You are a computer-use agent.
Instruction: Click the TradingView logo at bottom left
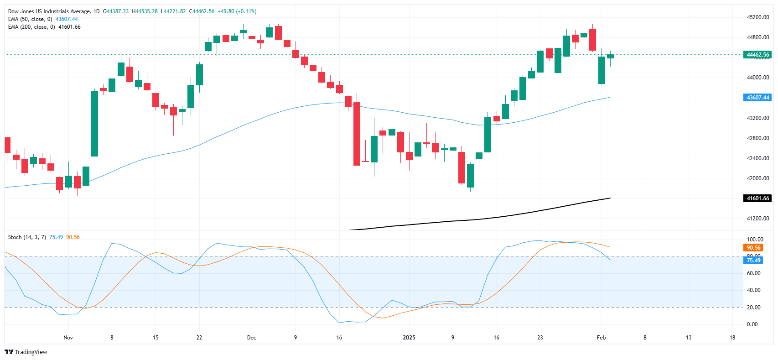coord(26,352)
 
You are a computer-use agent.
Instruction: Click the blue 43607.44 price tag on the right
coord(757,98)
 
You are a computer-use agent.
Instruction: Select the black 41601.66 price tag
coord(757,198)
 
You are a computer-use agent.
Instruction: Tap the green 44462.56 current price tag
coord(757,55)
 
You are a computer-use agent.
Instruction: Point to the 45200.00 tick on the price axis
coord(757,17)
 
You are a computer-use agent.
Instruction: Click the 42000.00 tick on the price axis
coord(757,178)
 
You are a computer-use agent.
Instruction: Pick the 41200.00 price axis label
coord(757,219)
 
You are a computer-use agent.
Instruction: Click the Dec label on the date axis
coord(251,338)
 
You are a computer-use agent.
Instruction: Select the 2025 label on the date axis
coord(409,338)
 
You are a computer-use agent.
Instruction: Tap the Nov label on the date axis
coord(68,338)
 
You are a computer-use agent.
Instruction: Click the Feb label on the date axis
coord(601,338)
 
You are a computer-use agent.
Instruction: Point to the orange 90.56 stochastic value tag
coord(753,248)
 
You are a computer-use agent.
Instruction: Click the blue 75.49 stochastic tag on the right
coord(753,261)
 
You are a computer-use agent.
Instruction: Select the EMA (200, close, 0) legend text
coord(31,27)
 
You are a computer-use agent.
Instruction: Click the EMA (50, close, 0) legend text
coord(30,19)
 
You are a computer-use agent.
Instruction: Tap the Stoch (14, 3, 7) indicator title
coord(27,237)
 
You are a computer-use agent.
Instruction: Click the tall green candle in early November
coord(94,124)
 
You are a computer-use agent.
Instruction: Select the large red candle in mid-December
coord(357,134)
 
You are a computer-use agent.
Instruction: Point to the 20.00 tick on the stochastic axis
coord(753,308)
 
